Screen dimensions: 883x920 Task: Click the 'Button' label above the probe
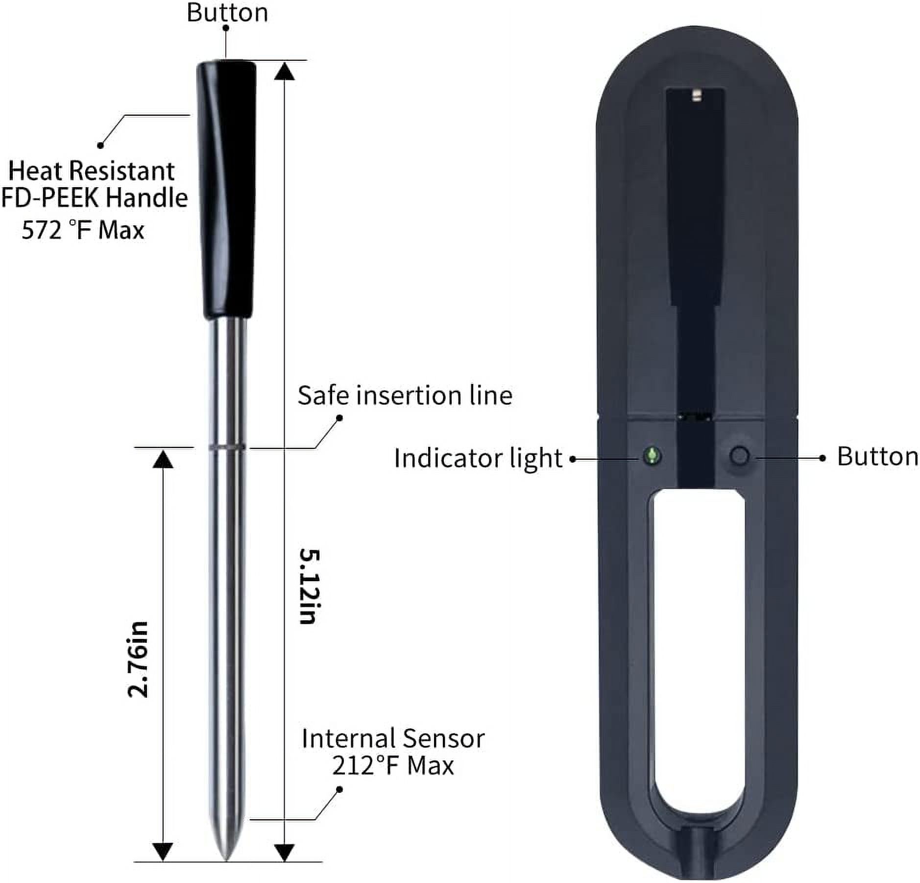pyautogui.click(x=227, y=13)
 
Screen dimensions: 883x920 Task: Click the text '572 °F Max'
pyautogui.click(x=83, y=230)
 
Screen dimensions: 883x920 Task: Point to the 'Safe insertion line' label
pyautogui.click(x=405, y=395)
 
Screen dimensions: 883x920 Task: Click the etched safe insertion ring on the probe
pyautogui.click(x=226, y=447)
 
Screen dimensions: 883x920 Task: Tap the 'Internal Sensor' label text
pyautogui.click(x=393, y=738)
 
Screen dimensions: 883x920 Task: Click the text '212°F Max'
pyautogui.click(x=393, y=765)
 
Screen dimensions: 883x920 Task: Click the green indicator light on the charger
pyautogui.click(x=652, y=456)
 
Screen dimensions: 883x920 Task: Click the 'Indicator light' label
pyautogui.click(x=478, y=458)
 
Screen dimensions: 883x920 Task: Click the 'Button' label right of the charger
pyautogui.click(x=877, y=456)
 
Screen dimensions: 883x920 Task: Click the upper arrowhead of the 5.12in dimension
pyautogui.click(x=284, y=72)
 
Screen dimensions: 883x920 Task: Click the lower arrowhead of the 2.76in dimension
pyautogui.click(x=163, y=851)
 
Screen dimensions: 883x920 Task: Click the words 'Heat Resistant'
pyautogui.click(x=92, y=171)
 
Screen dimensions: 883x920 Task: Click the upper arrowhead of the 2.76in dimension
pyautogui.click(x=163, y=459)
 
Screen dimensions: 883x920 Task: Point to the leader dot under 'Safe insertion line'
pyautogui.click(x=339, y=418)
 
